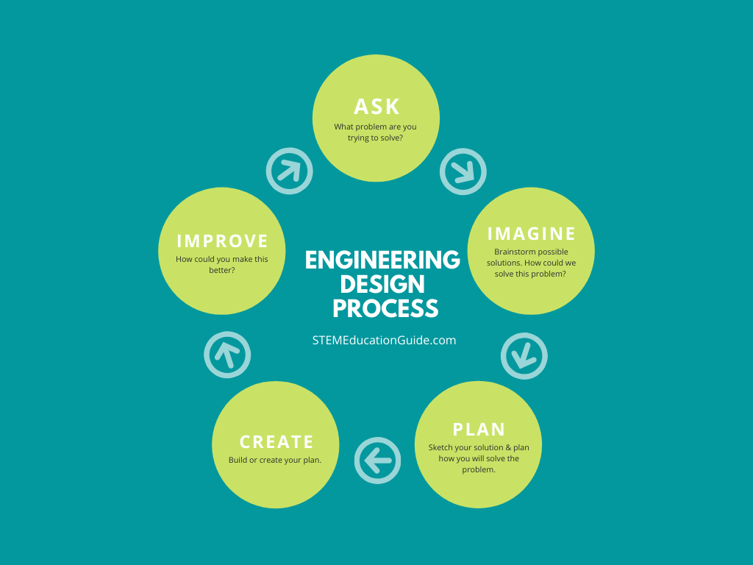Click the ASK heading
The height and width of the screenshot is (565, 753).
(x=376, y=107)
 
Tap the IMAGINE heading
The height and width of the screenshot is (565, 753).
(x=531, y=234)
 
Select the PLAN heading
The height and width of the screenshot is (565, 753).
(x=479, y=429)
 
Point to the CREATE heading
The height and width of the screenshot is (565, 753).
(x=276, y=442)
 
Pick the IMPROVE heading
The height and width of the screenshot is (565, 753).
(x=222, y=241)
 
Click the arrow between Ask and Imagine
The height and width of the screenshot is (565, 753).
(x=463, y=171)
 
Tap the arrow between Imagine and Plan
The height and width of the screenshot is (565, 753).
(x=524, y=356)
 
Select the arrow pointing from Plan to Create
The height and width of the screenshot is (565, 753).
(x=377, y=461)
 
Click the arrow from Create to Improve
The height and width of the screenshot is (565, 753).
(x=227, y=355)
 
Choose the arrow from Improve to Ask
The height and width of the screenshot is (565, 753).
(x=290, y=171)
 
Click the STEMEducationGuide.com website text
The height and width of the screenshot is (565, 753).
(x=384, y=340)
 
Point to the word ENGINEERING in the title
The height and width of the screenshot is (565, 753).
(x=382, y=260)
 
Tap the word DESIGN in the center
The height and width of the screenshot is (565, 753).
(x=382, y=284)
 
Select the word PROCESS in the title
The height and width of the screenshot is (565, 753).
(x=385, y=308)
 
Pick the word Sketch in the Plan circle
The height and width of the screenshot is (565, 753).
(x=440, y=448)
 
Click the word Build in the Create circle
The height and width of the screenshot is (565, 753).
(x=238, y=460)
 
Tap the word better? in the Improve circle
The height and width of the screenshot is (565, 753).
(x=222, y=270)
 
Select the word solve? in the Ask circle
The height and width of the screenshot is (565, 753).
(x=391, y=138)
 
